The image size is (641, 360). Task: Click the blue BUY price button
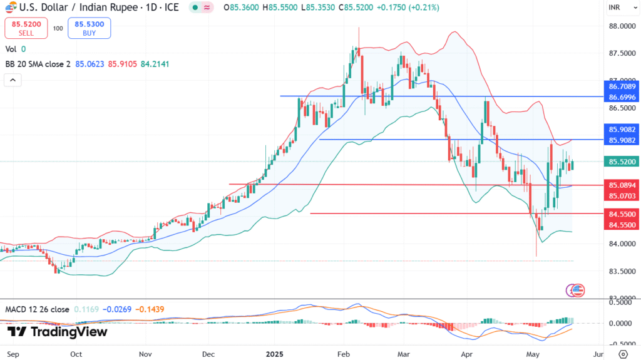[x=90, y=28]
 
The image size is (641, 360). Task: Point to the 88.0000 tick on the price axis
[x=618, y=26]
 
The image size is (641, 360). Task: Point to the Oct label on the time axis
[x=76, y=354]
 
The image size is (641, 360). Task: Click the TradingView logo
[x=57, y=332]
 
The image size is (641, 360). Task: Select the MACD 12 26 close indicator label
[x=37, y=309]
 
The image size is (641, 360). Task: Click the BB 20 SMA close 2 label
[x=38, y=64]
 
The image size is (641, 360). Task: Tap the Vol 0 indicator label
[x=16, y=49]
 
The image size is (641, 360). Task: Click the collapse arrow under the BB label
[x=13, y=80]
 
